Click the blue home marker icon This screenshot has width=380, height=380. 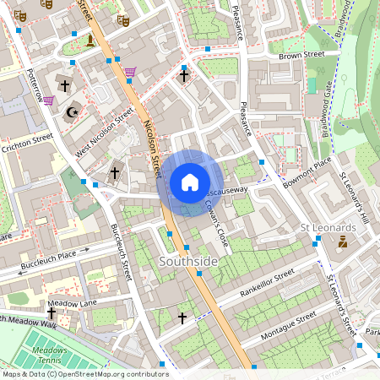(x=190, y=182)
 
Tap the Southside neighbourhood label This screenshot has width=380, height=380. (x=188, y=263)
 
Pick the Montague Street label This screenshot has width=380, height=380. (x=287, y=324)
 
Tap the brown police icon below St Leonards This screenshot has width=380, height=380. (x=343, y=243)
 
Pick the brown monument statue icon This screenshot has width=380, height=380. (x=90, y=40)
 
